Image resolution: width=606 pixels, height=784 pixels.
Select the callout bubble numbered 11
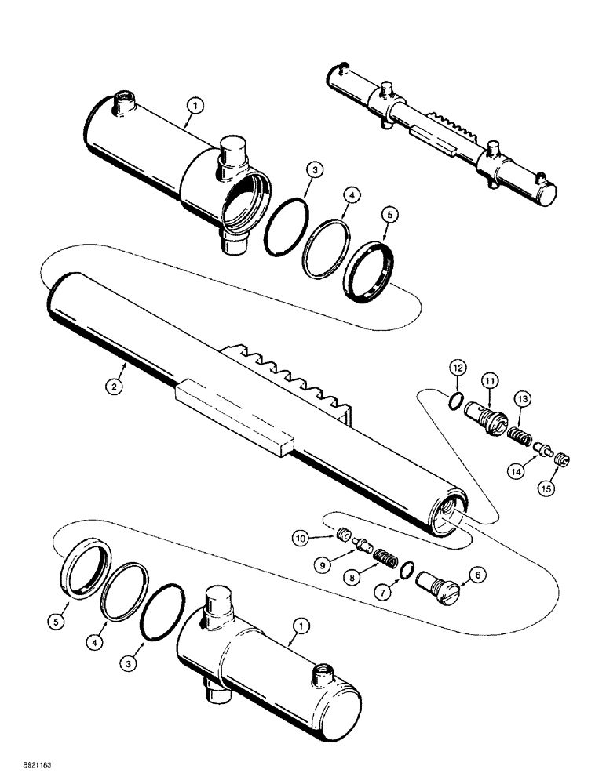[x=489, y=381]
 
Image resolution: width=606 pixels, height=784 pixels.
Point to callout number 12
[x=458, y=366]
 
